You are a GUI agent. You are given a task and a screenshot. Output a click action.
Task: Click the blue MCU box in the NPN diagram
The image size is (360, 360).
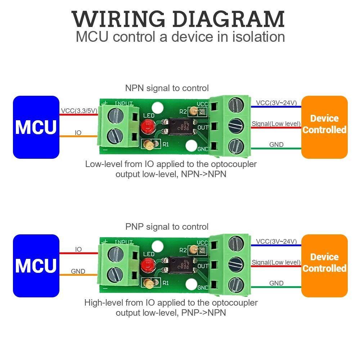(36, 127)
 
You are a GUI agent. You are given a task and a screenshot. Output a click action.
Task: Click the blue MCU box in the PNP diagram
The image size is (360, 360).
(36, 266)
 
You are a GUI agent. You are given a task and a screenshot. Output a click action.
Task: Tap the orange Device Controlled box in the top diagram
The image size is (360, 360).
(324, 127)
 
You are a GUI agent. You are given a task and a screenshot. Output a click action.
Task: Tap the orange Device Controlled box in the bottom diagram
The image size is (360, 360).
(324, 266)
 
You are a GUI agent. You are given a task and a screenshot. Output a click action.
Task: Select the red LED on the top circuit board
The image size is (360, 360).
(147, 126)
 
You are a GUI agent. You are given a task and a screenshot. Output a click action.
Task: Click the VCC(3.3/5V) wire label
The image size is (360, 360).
(79, 111)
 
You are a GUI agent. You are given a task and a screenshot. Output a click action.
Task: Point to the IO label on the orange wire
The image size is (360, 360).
(78, 133)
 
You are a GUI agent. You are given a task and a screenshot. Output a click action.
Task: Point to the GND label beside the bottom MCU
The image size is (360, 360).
(78, 271)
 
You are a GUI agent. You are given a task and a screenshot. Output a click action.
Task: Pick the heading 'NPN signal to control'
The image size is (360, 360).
(167, 88)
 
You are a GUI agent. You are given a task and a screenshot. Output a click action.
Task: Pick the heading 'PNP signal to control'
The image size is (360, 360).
(167, 227)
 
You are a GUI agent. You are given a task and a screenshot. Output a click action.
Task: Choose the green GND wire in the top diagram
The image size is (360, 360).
(276, 149)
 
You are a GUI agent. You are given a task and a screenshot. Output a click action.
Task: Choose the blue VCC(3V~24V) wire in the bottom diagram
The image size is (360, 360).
(276, 246)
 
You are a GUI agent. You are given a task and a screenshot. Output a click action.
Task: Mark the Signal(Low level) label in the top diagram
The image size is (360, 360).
(276, 124)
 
